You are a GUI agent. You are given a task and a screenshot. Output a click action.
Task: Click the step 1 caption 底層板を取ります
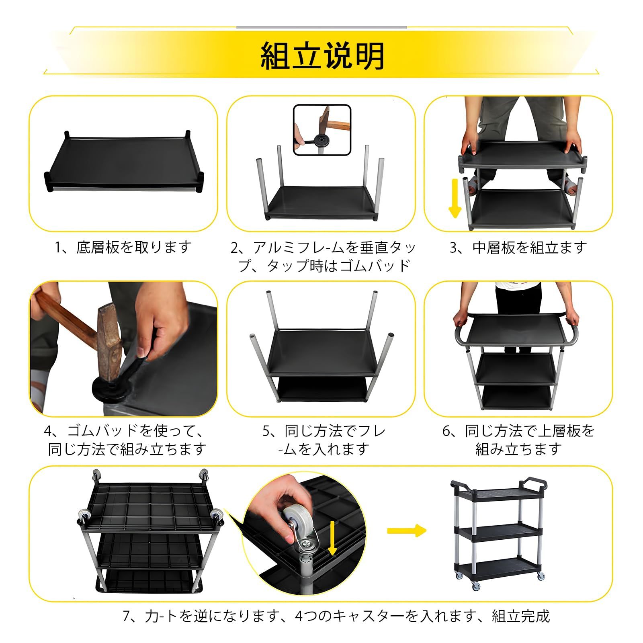pyautogui.click(x=123, y=247)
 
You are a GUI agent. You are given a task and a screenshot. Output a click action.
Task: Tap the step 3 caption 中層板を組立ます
pyautogui.click(x=518, y=247)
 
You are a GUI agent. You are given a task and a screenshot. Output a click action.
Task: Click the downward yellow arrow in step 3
pyautogui.click(x=455, y=199)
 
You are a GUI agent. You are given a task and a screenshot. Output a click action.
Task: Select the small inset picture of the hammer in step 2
pyautogui.click(x=322, y=130)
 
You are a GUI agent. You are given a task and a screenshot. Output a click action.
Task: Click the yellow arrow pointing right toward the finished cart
pyautogui.click(x=406, y=530)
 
